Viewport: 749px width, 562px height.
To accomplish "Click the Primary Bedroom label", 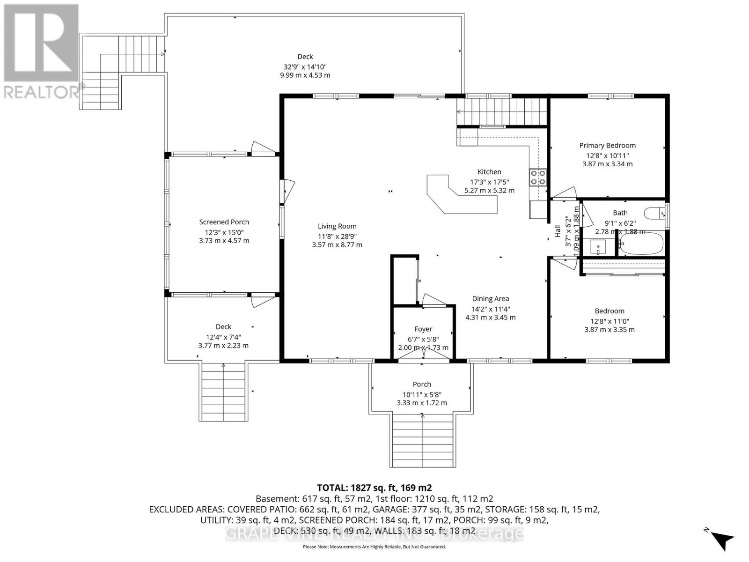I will pyautogui.click(x=607, y=145).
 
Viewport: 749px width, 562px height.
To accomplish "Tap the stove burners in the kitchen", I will pyautogui.click(x=537, y=177).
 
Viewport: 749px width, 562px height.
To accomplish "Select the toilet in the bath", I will pyautogui.click(x=655, y=214).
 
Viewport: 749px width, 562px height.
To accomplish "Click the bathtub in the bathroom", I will pyautogui.click(x=641, y=244).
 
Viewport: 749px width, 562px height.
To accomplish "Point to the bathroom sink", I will pyautogui.click(x=598, y=247).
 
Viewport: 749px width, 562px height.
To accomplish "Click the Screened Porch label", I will pyautogui.click(x=224, y=222).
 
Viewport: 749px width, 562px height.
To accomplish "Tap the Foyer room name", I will pyautogui.click(x=423, y=329).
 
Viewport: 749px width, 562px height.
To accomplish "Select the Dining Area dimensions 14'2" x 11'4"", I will pyautogui.click(x=490, y=309).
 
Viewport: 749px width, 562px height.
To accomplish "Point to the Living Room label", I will pyautogui.click(x=337, y=226).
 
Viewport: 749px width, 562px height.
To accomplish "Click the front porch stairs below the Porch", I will pyautogui.click(x=422, y=440).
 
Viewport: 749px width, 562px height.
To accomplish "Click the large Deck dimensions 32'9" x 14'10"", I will pyautogui.click(x=305, y=67).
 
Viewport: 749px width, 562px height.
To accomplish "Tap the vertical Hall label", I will pyautogui.click(x=558, y=231).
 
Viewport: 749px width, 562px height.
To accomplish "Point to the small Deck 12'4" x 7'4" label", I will pyautogui.click(x=223, y=327).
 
